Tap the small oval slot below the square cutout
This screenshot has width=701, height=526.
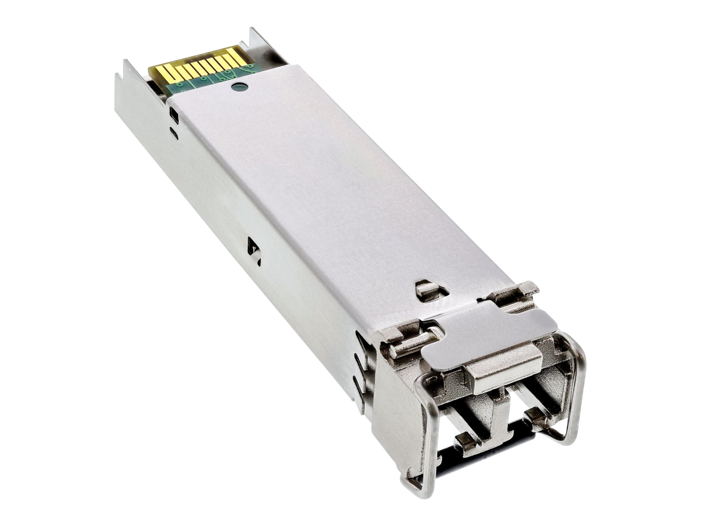(174, 131)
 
